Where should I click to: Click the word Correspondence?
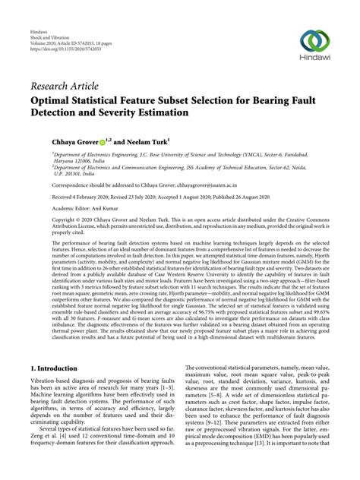51,184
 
